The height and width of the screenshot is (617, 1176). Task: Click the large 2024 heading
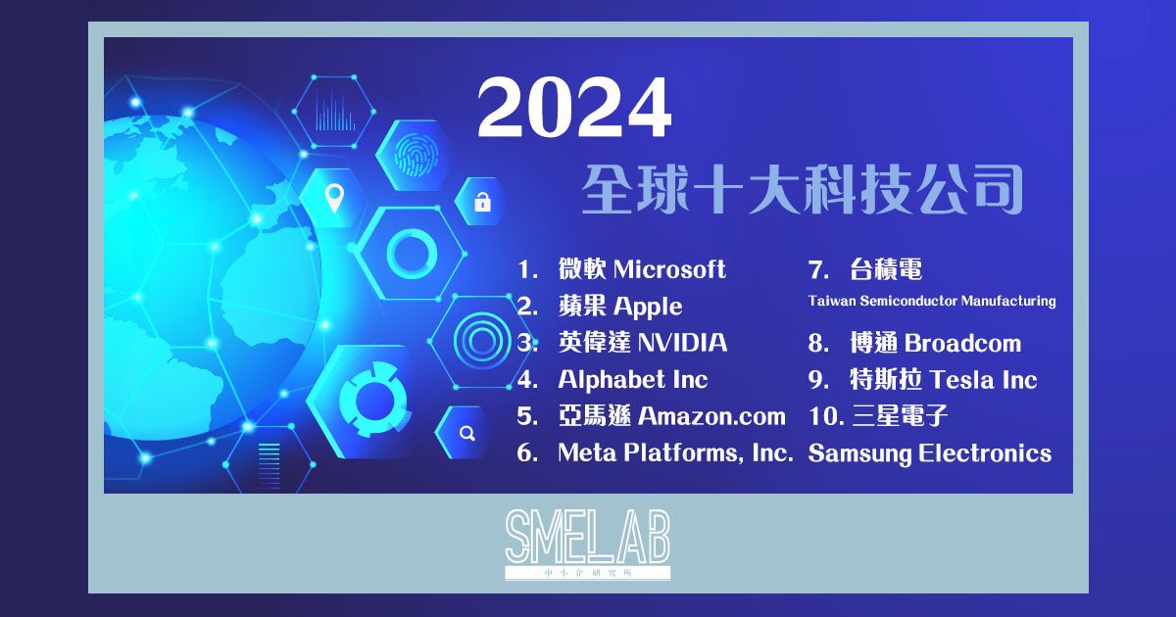tap(574, 109)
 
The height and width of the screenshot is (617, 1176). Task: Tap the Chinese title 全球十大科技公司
tap(802, 190)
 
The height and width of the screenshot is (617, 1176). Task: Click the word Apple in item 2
tap(647, 307)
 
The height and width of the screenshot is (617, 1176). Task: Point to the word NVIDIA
tap(682, 343)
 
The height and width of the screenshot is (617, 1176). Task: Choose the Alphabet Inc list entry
tap(632, 380)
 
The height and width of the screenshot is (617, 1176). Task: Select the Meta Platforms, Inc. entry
tap(674, 453)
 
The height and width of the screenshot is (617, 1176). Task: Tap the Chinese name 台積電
tap(886, 269)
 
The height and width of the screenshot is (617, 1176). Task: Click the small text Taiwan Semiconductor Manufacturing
tap(932, 301)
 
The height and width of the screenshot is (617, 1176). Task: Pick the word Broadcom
tap(962, 344)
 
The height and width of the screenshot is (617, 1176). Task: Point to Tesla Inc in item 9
tap(983, 380)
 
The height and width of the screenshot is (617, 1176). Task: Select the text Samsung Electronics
tap(929, 453)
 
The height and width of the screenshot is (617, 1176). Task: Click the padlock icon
tap(481, 203)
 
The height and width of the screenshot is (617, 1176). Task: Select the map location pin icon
tap(334, 198)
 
